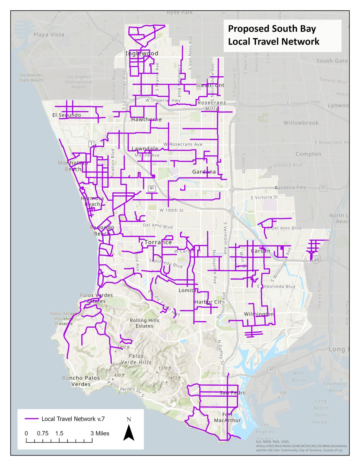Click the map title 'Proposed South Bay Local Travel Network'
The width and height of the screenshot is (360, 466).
(x=273, y=35)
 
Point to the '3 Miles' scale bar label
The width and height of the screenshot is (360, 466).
(x=100, y=433)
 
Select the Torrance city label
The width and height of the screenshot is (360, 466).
(x=158, y=242)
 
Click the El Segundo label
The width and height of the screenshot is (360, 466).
(x=67, y=115)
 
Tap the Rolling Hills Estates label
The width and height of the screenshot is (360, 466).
(x=144, y=323)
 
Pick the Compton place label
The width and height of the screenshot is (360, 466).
(x=308, y=154)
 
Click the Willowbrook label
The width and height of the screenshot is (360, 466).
(x=301, y=123)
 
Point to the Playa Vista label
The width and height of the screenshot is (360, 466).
(x=49, y=35)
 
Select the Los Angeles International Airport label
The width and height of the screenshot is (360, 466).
(x=79, y=82)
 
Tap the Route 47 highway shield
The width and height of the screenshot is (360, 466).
(x=271, y=369)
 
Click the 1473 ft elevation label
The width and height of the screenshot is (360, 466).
(x=174, y=378)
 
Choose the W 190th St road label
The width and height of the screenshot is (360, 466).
(x=171, y=210)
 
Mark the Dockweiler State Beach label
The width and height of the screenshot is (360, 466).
(x=31, y=77)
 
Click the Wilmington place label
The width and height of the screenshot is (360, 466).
(x=259, y=314)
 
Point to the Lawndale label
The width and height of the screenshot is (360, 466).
(x=145, y=149)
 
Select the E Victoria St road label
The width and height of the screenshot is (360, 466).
(x=264, y=197)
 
